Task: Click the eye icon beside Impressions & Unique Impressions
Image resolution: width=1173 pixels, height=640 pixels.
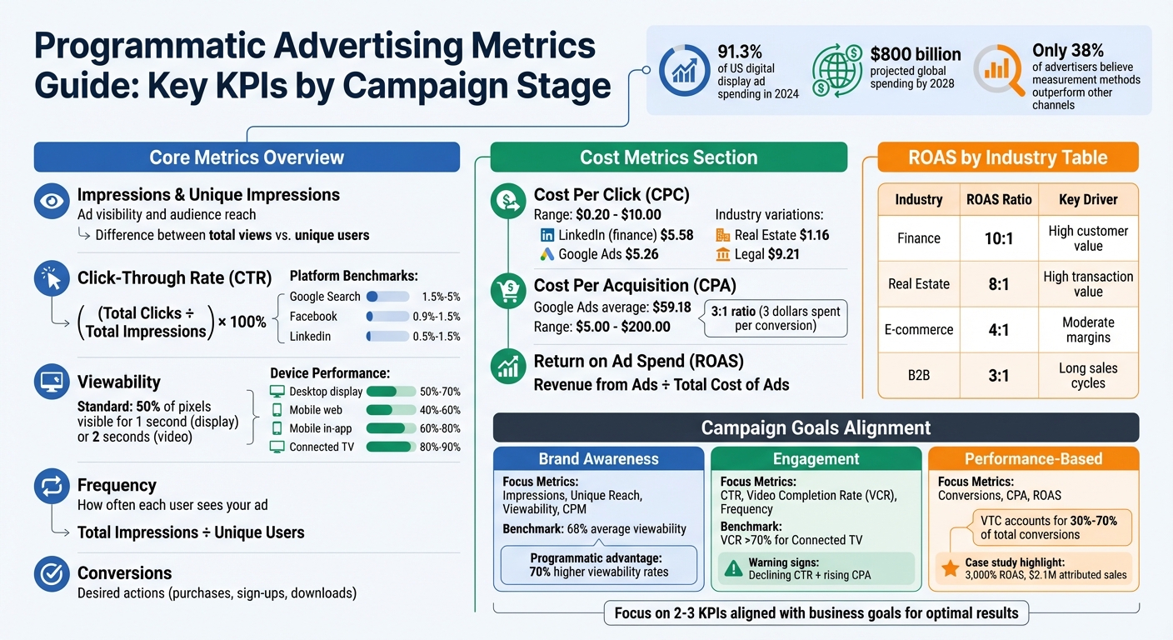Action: [x=52, y=202]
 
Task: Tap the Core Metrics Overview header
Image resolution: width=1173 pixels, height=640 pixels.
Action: [x=247, y=157]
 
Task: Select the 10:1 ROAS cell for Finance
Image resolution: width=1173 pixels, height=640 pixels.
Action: [x=998, y=238]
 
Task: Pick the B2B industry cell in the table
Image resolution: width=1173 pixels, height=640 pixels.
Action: [x=918, y=375]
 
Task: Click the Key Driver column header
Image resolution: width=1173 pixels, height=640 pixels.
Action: [x=1088, y=200]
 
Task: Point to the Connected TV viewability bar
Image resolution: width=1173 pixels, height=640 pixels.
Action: [x=390, y=447]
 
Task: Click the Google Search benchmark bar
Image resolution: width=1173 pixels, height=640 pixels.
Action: [x=387, y=297]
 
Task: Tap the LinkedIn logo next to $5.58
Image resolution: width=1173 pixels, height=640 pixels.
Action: [x=547, y=236]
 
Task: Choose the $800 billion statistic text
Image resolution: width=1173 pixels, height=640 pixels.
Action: [x=915, y=55]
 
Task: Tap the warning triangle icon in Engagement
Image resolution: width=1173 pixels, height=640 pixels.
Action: [x=733, y=568]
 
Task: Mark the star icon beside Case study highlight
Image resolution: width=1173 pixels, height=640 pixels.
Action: [x=949, y=568]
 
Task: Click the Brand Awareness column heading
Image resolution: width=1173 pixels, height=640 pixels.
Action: [x=598, y=459]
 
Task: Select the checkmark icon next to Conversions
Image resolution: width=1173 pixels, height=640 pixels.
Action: [x=52, y=573]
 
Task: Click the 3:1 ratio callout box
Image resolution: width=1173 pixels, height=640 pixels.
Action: [x=775, y=318]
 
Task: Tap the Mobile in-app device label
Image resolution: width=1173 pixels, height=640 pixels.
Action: [x=321, y=428]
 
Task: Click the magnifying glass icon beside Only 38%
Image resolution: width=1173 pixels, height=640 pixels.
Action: [x=999, y=70]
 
